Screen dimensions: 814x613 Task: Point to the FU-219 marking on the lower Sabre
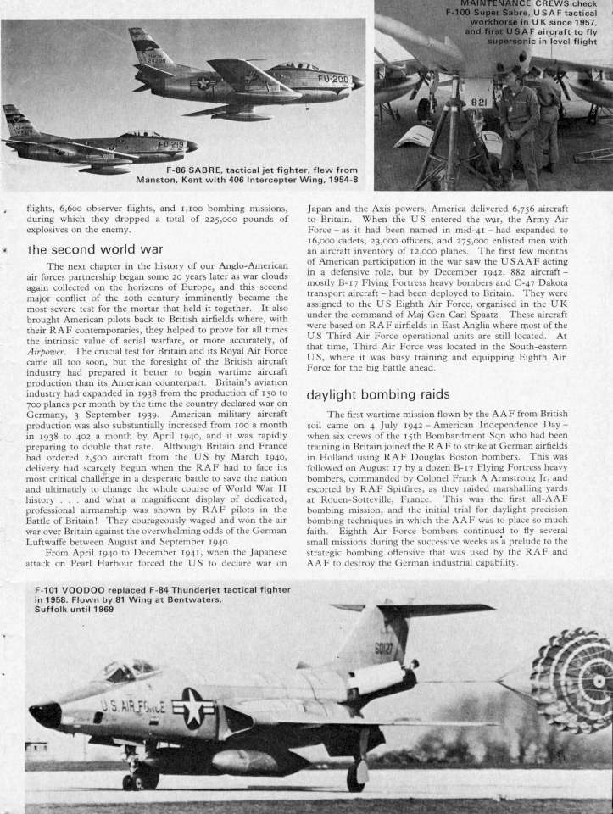[x=170, y=144]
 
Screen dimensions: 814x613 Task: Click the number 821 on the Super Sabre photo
[x=479, y=102]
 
